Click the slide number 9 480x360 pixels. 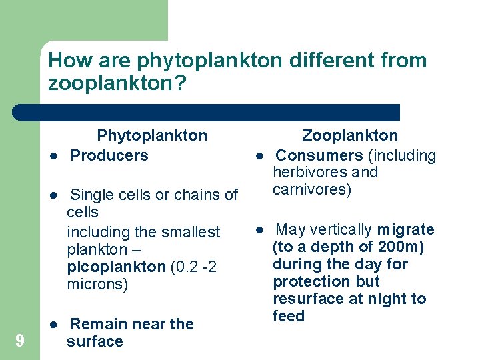pyautogui.click(x=20, y=341)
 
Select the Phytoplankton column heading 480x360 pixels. pyautogui.click(x=152, y=136)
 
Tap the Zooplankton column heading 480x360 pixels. pyautogui.click(x=350, y=136)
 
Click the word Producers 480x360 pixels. pyautogui.click(x=109, y=155)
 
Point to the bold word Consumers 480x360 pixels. pyautogui.click(x=319, y=155)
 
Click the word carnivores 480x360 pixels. pyautogui.click(x=311, y=190)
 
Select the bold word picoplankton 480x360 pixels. pyautogui.click(x=116, y=267)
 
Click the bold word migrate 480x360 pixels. pyautogui.click(x=405, y=230)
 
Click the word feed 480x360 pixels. pyautogui.click(x=288, y=316)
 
